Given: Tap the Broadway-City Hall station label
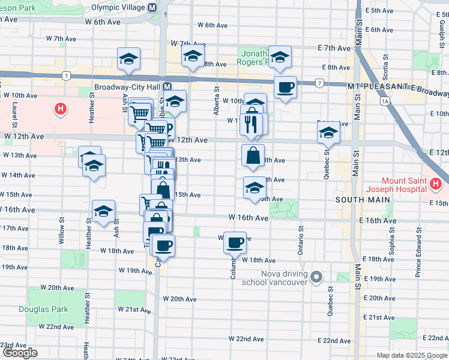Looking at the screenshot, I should tap(127, 86).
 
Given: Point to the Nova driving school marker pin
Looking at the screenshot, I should tap(318, 277).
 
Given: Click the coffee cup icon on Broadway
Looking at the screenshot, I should tap(285, 87).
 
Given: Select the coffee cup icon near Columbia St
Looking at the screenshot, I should tap(235, 242).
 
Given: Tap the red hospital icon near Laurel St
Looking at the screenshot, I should tap(61, 109).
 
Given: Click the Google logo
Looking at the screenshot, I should tap(20, 353).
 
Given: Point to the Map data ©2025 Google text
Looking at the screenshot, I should tap(411, 355).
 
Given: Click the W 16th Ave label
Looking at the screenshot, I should tap(248, 218).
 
